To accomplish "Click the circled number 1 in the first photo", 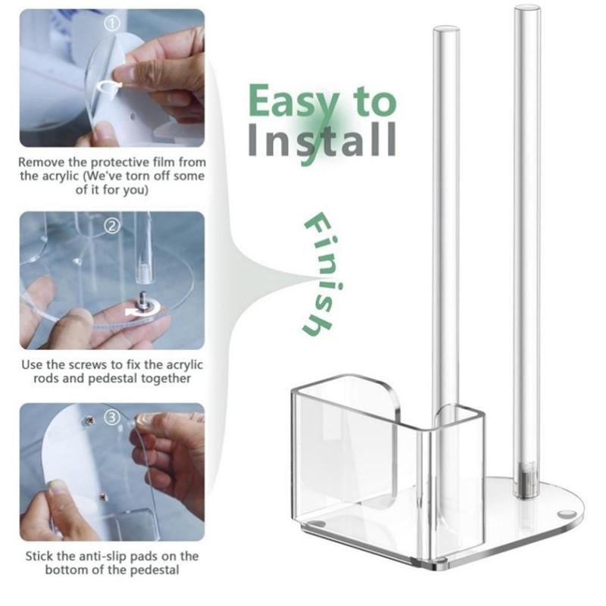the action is click(112, 24).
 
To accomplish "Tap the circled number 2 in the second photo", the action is click(112, 226).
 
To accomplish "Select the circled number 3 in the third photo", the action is click(112, 417).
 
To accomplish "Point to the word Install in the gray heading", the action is click(322, 140).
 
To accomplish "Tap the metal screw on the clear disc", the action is click(144, 301).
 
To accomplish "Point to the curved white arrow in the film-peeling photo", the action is click(108, 86).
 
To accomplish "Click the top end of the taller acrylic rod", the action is click(526, 8).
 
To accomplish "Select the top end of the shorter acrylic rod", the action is click(446, 30).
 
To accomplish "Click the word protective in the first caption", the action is click(120, 162).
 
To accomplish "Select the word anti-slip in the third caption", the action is click(103, 556).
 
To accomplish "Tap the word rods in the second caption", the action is click(46, 378).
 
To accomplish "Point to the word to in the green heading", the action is click(374, 102).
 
